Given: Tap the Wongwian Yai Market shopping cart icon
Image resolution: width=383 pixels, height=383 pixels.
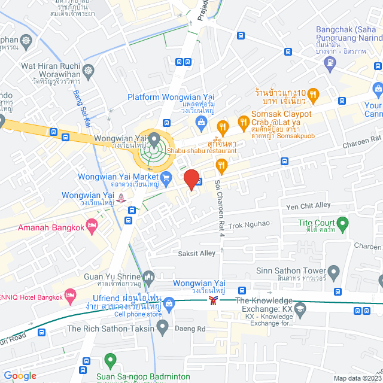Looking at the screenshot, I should (166, 177).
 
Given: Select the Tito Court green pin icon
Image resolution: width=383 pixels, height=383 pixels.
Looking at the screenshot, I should (343, 225).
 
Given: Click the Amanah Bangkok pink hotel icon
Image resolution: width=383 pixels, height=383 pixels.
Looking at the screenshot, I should (91, 226).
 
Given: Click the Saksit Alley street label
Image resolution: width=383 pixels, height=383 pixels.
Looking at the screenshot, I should (196, 253).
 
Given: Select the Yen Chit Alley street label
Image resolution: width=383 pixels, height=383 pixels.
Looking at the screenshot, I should (309, 206).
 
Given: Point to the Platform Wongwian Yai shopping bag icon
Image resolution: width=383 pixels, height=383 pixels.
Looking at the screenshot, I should (201, 123).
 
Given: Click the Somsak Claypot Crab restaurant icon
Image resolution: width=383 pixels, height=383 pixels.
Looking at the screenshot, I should (243, 123).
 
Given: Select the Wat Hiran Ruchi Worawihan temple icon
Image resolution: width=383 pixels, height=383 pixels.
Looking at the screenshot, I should (89, 71).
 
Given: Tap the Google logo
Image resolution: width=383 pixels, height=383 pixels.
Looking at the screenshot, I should (20, 376).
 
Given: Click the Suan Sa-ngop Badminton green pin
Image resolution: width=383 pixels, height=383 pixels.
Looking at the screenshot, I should (110, 361).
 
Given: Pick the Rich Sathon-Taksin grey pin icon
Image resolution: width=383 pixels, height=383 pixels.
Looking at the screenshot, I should (162, 328).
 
